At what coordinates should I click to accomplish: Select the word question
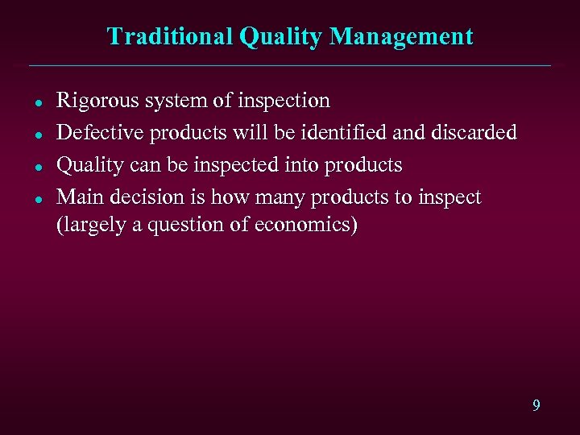(x=193, y=226)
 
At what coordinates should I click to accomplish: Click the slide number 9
(x=536, y=405)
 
